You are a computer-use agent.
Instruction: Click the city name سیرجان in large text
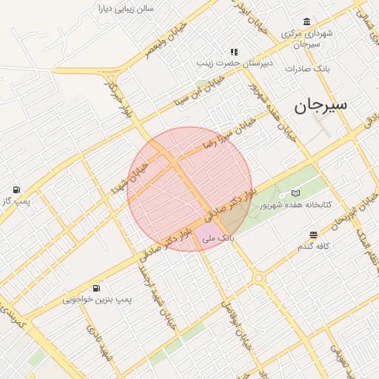[x=321, y=105]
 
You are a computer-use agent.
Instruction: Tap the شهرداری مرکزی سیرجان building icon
[x=306, y=21]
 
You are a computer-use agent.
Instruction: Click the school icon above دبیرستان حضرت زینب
[x=234, y=52]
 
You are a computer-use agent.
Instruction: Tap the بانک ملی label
[x=218, y=238]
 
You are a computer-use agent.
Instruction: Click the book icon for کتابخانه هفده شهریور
[x=295, y=193]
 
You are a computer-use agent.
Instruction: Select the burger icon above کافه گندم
[x=313, y=234]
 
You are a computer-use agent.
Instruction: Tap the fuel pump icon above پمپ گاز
[x=16, y=189]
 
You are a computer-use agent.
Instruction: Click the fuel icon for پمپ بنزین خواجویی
[x=96, y=288]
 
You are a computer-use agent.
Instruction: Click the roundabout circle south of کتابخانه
[x=258, y=278]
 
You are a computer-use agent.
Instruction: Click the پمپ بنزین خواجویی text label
[x=96, y=300]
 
